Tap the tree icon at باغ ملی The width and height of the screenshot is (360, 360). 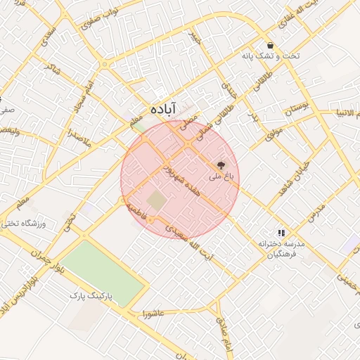[222, 166]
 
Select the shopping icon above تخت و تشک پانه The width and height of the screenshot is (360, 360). [270, 45]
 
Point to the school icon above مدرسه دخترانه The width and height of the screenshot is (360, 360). [281, 232]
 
